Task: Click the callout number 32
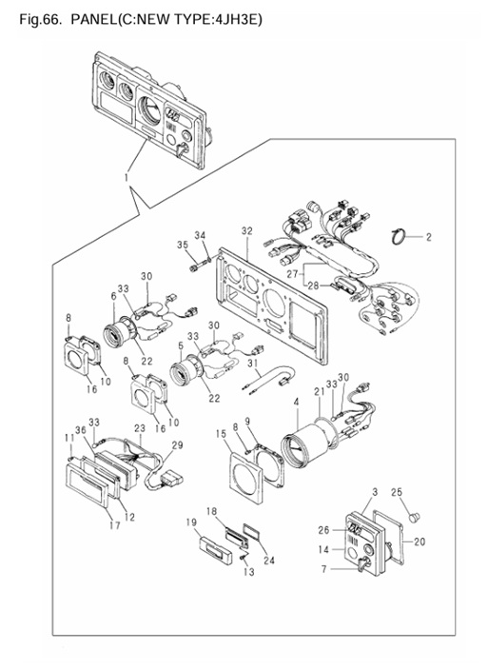pyautogui.click(x=246, y=231)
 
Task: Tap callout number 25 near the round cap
pyautogui.click(x=397, y=492)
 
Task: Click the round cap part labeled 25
pyautogui.click(x=413, y=518)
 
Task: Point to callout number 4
pyautogui.click(x=296, y=402)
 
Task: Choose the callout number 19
pyautogui.click(x=191, y=522)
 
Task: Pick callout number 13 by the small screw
pyautogui.click(x=248, y=571)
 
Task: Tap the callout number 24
pyautogui.click(x=269, y=560)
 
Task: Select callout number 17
pyautogui.click(x=114, y=525)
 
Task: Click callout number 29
pyautogui.click(x=177, y=445)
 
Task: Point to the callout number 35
pyautogui.click(x=183, y=245)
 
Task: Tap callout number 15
pyautogui.click(x=221, y=434)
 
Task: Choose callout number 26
pyautogui.click(x=324, y=530)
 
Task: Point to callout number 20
pyautogui.click(x=420, y=542)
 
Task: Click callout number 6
pyautogui.click(x=113, y=296)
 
